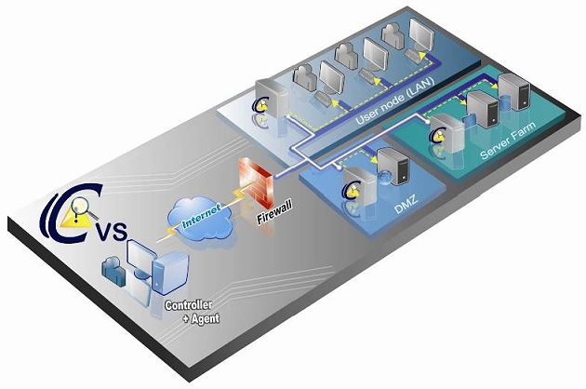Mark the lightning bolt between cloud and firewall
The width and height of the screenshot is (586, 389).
point(233,200)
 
